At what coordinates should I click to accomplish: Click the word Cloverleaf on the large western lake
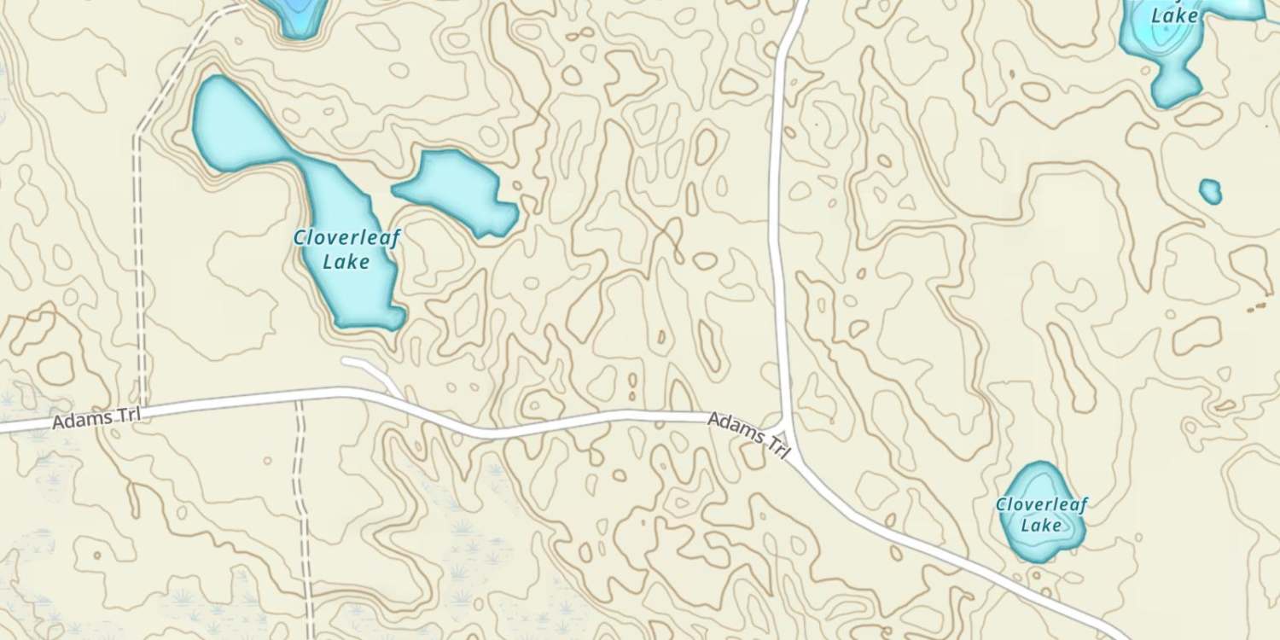[346, 238]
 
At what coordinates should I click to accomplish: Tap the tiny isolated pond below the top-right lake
[1210, 191]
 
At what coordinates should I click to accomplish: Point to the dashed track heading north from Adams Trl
[140, 256]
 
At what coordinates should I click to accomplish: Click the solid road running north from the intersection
[776, 213]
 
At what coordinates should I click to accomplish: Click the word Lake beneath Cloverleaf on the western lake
[346, 262]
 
